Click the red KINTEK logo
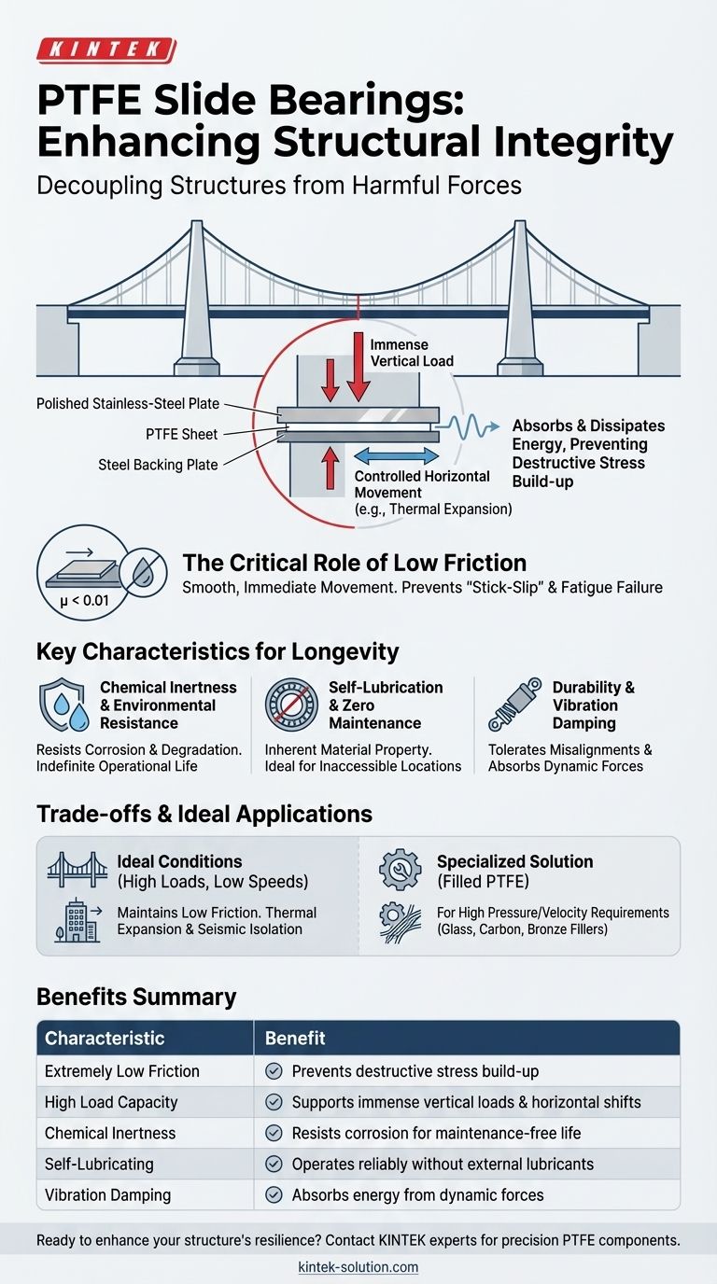click(x=105, y=50)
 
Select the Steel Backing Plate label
click(x=158, y=464)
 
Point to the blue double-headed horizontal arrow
click(x=398, y=456)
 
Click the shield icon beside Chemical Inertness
click(x=61, y=705)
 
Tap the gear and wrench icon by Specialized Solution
click(x=400, y=871)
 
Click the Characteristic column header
click(x=105, y=1039)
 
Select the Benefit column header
click(x=295, y=1039)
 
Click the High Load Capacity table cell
click(x=111, y=1102)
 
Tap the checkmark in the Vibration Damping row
click(x=274, y=1194)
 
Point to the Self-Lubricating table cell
click(x=99, y=1164)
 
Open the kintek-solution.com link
click(x=358, y=1266)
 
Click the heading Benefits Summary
click(x=136, y=996)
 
